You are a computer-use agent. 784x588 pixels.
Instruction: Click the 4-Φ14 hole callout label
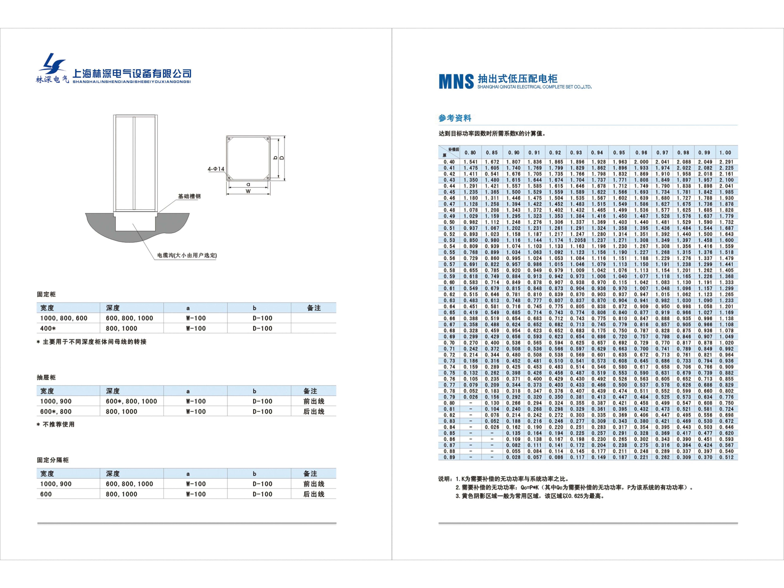tap(216, 169)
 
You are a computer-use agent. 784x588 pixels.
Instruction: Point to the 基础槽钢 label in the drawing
tap(189, 196)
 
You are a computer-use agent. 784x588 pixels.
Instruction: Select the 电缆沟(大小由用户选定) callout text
tap(187, 255)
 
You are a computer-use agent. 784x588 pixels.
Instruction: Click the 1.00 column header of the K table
tap(725, 153)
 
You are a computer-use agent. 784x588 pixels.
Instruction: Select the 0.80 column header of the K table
tap(470, 153)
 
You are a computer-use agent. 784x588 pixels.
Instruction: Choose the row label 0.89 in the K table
tap(449, 457)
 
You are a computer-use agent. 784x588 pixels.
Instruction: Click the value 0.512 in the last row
tap(726, 457)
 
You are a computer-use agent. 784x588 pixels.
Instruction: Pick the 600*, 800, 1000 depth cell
tap(131, 401)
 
